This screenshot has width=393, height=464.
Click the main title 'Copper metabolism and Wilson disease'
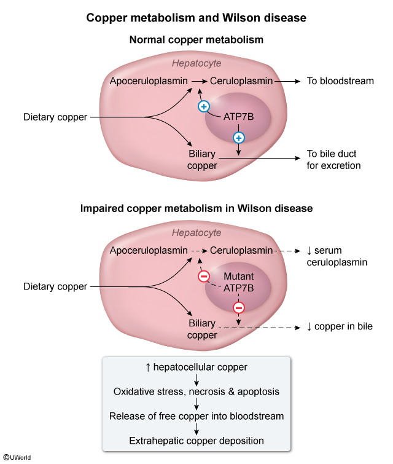[x=196, y=18]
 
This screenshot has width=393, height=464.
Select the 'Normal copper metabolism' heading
[x=196, y=40]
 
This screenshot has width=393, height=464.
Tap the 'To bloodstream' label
[x=340, y=81]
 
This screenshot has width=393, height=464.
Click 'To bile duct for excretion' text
[x=333, y=160]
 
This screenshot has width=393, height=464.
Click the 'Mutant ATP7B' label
[x=238, y=283]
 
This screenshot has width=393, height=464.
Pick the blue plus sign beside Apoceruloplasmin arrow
[x=204, y=106]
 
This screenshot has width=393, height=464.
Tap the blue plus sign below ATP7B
[x=239, y=137]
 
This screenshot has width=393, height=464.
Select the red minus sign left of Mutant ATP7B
[x=204, y=276]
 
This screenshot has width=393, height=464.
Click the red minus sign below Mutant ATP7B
[x=239, y=307]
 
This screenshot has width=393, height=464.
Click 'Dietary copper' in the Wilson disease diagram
[x=55, y=286]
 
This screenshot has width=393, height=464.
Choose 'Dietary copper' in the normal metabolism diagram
[x=55, y=117]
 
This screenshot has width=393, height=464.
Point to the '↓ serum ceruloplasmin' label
[x=337, y=256]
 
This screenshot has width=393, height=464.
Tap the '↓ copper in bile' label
[x=340, y=327]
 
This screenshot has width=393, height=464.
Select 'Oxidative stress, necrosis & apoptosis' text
[x=196, y=391]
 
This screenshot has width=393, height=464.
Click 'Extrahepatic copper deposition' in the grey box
[x=196, y=441]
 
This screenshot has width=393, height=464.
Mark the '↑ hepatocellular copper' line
[x=196, y=367]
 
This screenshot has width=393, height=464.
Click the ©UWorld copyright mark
[x=17, y=457]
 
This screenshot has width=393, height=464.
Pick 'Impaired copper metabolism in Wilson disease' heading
[x=196, y=208]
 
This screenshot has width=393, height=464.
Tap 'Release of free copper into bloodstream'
[x=196, y=416]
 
